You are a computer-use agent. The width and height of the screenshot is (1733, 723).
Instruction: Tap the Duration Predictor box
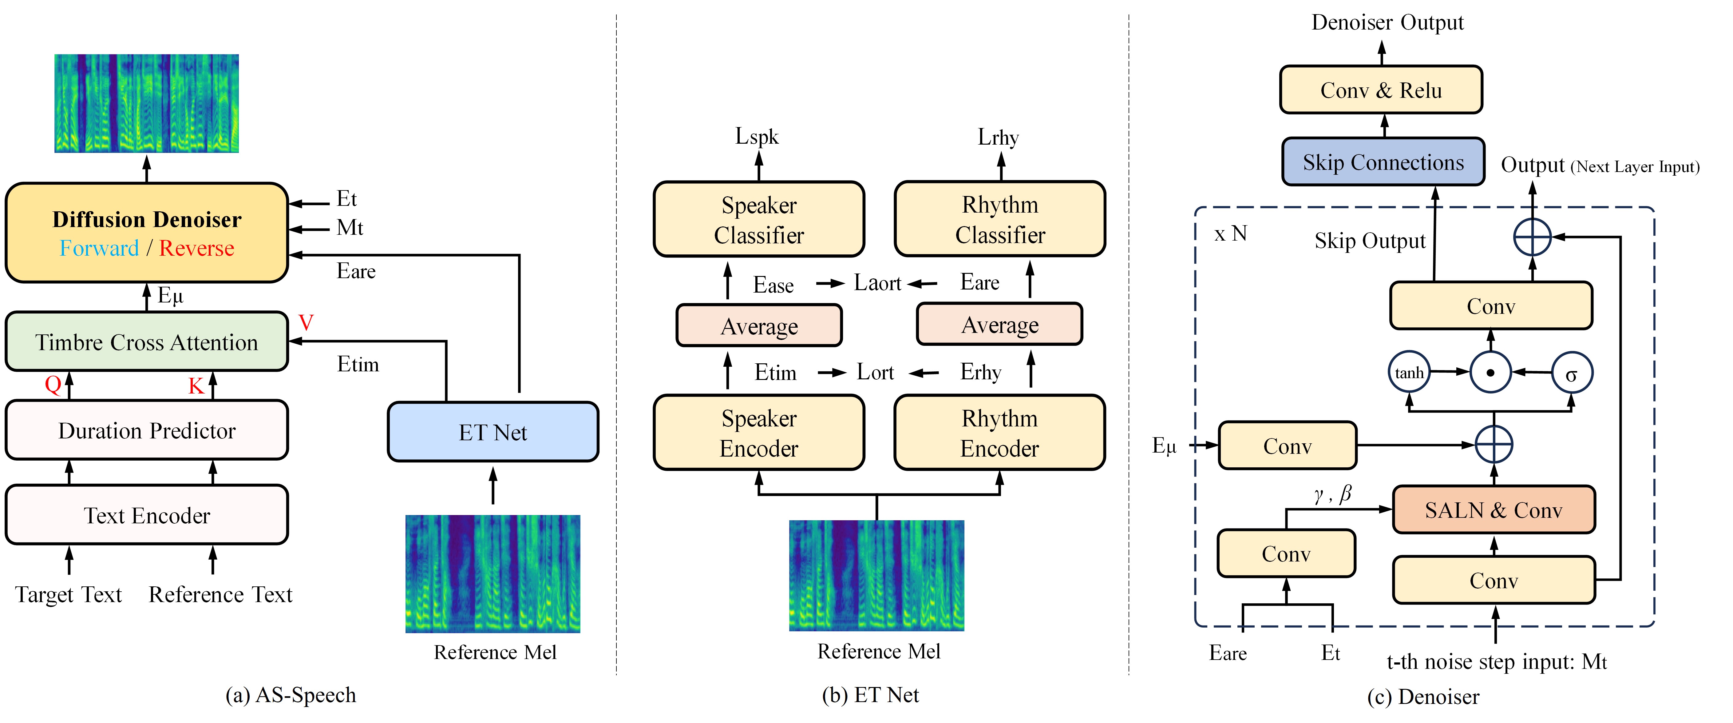pyautogui.click(x=147, y=430)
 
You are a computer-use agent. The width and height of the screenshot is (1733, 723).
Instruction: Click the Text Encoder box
pyautogui.click(x=147, y=515)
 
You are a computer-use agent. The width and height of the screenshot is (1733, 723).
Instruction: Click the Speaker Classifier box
pyautogui.click(x=759, y=219)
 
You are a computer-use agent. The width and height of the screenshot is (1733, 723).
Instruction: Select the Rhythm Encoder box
pyautogui.click(x=1000, y=433)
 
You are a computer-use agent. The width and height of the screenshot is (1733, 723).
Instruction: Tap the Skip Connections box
pyautogui.click(x=1383, y=162)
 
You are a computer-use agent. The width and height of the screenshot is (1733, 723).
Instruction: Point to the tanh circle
pyautogui.click(x=1409, y=372)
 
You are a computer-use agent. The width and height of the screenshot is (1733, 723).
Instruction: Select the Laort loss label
pyautogui.click(x=877, y=283)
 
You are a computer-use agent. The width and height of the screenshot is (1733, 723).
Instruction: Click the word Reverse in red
pyautogui.click(x=196, y=248)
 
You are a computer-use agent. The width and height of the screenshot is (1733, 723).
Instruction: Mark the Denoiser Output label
pyautogui.click(x=1387, y=22)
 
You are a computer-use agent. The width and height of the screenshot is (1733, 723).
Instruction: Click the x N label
pyautogui.click(x=1230, y=234)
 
